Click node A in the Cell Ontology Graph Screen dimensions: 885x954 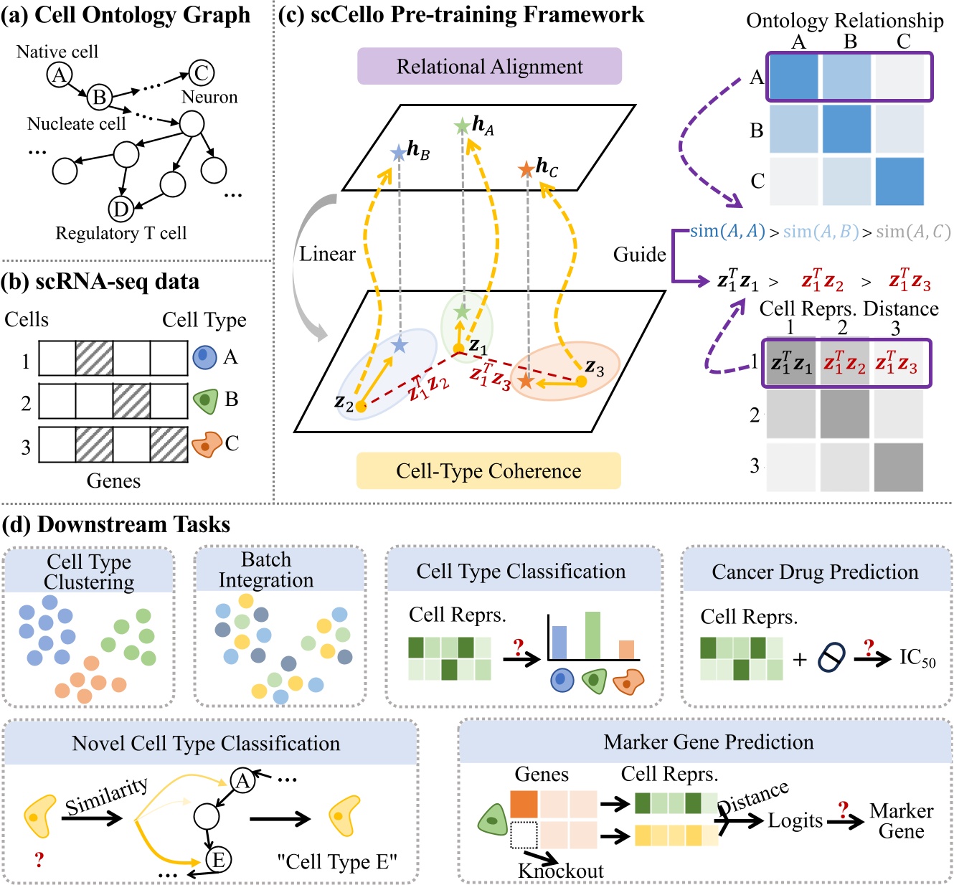[x=60, y=75]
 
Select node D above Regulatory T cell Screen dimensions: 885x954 [x=121, y=209]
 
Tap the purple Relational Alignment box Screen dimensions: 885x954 [x=489, y=67]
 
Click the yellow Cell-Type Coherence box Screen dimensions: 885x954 [x=488, y=471]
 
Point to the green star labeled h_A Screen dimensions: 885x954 [x=462, y=127]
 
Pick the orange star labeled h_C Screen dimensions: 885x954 [x=526, y=169]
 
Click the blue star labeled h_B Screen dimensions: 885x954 [x=398, y=153]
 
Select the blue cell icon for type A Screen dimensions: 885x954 [x=204, y=356]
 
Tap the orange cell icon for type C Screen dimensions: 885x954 [x=206, y=445]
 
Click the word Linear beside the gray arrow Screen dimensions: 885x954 [x=327, y=254]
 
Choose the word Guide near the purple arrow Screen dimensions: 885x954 [x=639, y=255]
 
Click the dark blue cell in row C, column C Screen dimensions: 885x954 [x=899, y=181]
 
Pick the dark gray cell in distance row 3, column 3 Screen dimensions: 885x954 [x=898, y=467]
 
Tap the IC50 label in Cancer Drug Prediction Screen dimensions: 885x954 [x=917, y=658]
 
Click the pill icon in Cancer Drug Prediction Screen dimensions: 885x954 [x=831, y=657]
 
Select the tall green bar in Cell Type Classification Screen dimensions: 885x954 [x=592, y=635]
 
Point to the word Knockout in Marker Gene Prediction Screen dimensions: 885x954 [x=560, y=871]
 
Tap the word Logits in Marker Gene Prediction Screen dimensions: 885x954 [x=795, y=820]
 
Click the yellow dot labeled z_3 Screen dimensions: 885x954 [x=582, y=382]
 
